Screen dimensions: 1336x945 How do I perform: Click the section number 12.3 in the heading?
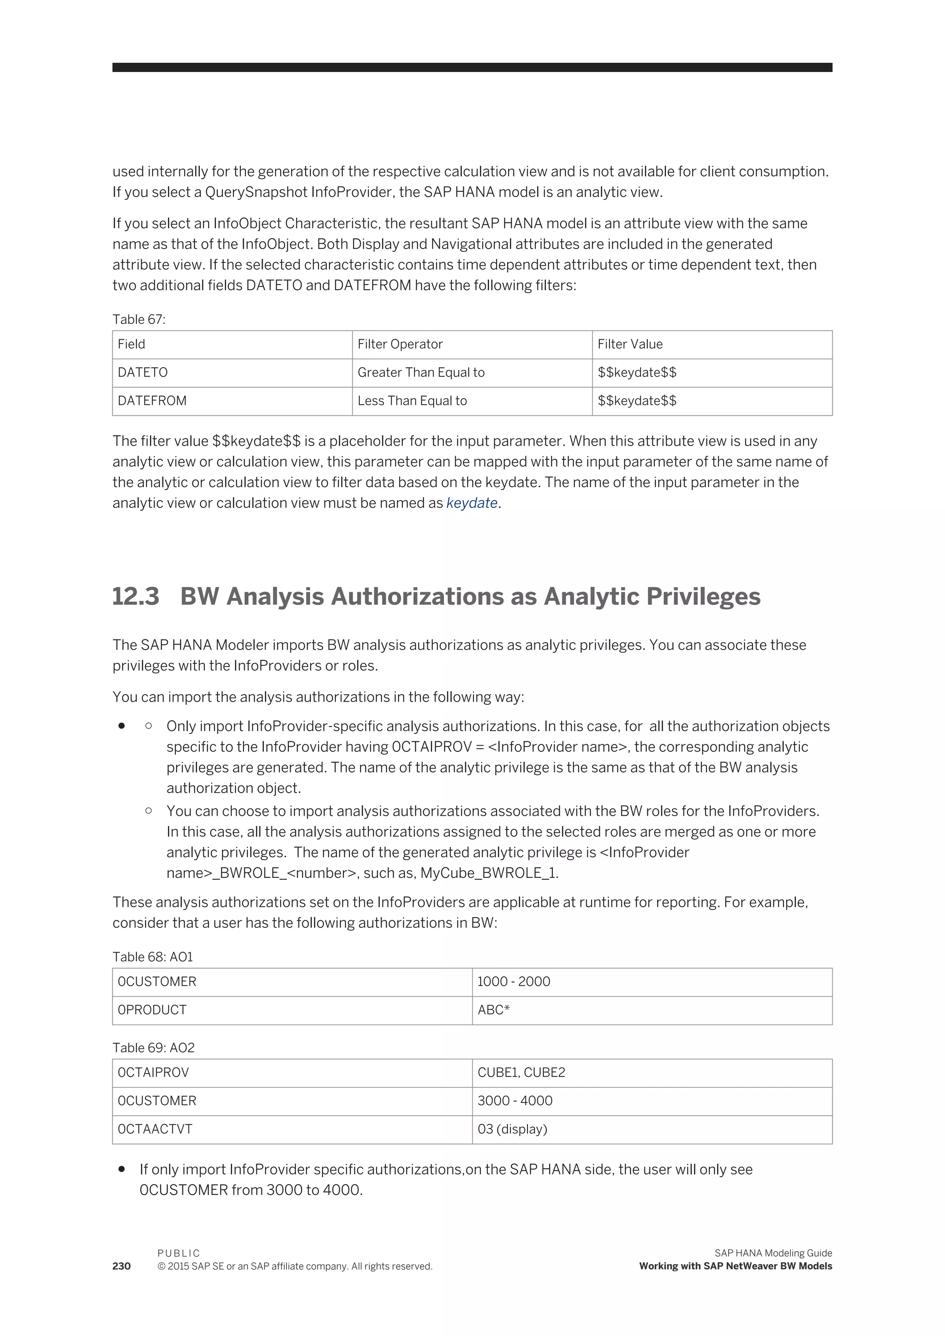[x=136, y=597]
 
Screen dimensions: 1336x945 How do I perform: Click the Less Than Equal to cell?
[x=412, y=401]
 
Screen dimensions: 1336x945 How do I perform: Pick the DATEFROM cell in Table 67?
[x=152, y=401]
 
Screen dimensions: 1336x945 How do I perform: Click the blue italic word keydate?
[x=471, y=503]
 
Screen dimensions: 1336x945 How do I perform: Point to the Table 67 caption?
[x=138, y=319]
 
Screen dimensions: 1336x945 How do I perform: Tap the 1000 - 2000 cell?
[x=513, y=982]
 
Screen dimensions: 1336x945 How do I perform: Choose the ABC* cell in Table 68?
[x=493, y=1010]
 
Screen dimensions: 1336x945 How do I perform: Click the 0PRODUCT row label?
[x=152, y=1010]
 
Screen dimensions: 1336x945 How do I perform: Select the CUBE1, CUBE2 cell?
[x=521, y=1073]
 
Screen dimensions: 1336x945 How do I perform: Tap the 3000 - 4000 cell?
[x=514, y=1101]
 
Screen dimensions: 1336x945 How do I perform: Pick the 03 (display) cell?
[x=512, y=1129]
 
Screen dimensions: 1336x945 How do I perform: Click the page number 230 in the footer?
[x=122, y=1267]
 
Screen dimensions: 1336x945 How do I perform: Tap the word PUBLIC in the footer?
[x=179, y=1253]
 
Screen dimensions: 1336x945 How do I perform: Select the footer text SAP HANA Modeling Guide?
[x=773, y=1253]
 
